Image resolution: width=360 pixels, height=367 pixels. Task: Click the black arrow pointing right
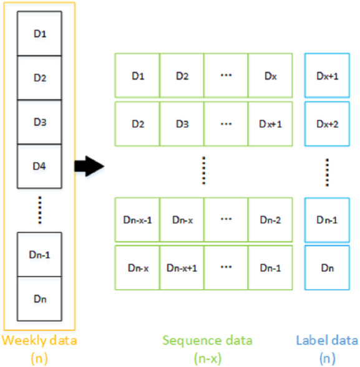(x=87, y=166)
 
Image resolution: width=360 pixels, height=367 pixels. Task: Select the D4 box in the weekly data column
(x=40, y=166)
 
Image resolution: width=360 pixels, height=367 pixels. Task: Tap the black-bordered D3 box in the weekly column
(x=40, y=122)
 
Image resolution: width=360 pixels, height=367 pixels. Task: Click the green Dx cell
(x=270, y=76)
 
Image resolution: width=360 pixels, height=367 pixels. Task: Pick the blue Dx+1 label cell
(x=326, y=76)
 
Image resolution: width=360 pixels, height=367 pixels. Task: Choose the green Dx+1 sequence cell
(x=270, y=124)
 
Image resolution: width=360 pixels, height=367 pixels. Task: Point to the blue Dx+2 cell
(x=326, y=124)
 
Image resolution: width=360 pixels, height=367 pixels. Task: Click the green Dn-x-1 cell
(x=137, y=219)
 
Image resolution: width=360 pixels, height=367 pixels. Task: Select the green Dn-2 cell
(x=270, y=219)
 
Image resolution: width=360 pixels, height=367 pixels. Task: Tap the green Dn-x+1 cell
(x=182, y=267)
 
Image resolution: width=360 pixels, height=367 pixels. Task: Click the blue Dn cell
(x=326, y=267)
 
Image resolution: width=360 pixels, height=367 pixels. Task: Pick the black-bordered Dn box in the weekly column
(x=40, y=298)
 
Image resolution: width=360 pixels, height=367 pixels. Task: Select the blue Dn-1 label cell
(x=326, y=219)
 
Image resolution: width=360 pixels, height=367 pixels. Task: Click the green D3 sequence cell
(x=182, y=124)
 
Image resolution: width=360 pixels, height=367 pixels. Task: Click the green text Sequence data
(x=207, y=340)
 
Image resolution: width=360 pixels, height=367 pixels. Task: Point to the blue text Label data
(x=327, y=340)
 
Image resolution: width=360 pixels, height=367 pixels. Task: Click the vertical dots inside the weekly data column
(x=40, y=209)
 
